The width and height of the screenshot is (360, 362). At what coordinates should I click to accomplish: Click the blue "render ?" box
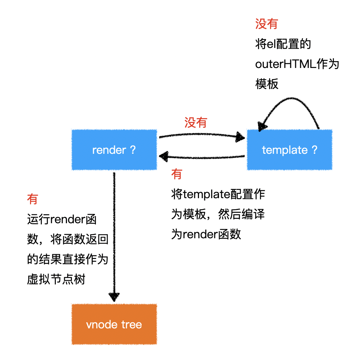coord(114,150)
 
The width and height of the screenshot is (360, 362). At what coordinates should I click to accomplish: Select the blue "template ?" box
coord(290,150)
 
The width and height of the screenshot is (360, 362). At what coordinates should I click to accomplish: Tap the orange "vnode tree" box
coord(114,324)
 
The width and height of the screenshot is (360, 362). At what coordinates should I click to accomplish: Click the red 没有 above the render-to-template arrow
coord(196,123)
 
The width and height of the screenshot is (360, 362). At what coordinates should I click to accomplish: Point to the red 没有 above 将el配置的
coord(267,24)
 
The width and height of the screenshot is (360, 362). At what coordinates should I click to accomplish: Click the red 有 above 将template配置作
coord(176,174)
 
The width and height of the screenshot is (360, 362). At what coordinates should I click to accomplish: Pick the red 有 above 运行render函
coord(33,199)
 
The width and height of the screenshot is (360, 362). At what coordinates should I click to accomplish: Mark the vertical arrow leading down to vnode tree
coord(114,236)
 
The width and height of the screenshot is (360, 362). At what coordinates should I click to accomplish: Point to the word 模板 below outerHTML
coord(267,84)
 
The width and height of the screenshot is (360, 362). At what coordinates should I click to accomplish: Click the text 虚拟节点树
coord(56,279)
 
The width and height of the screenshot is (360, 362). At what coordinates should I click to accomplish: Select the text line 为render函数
coord(206,234)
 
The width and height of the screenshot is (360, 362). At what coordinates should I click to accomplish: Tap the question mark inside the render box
coord(133,150)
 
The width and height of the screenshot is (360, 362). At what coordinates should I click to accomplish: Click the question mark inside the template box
coord(315,150)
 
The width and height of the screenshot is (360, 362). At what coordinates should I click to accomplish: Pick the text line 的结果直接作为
coord(68,259)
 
